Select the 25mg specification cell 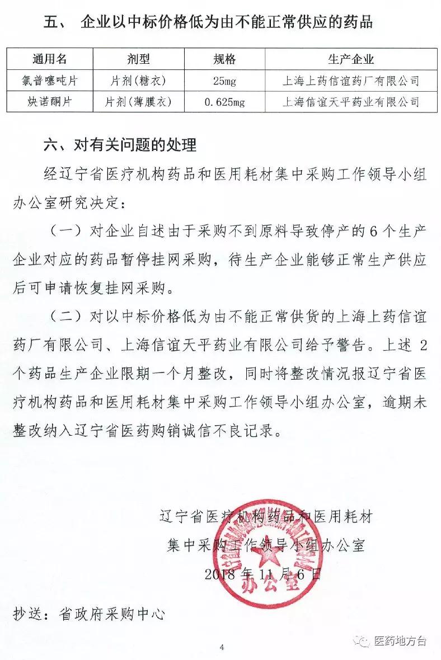tap(225, 82)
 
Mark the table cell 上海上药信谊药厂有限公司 tap(351, 82)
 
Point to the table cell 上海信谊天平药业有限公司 tap(351, 102)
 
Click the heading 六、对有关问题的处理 tap(120, 146)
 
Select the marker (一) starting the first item tap(66, 231)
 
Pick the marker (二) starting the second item tap(66, 317)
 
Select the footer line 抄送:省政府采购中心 tap(89, 614)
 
